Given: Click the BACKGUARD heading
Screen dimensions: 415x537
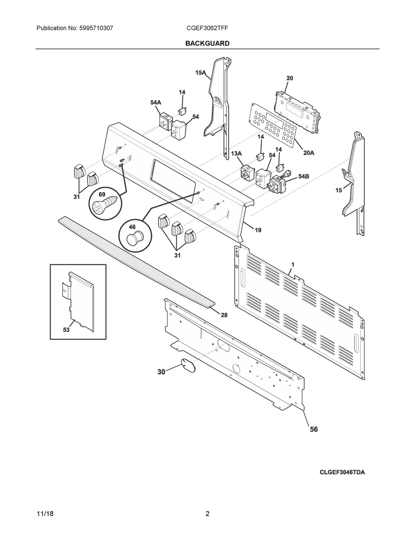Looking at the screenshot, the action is click(x=207, y=44).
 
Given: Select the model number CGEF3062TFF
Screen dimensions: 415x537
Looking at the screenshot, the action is click(x=207, y=28).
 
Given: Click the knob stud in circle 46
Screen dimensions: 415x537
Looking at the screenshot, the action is click(x=135, y=237).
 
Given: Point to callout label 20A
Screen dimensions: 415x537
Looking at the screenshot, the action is click(x=308, y=153).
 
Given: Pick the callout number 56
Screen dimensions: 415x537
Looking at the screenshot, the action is click(x=314, y=429).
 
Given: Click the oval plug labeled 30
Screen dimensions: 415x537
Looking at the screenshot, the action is click(x=188, y=365).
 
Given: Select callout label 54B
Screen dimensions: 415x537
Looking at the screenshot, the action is click(x=304, y=176).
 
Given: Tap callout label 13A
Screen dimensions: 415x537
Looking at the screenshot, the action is click(x=237, y=154).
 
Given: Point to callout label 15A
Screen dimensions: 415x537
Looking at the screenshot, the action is click(x=200, y=73).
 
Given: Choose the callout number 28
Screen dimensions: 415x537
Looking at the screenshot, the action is click(x=224, y=315).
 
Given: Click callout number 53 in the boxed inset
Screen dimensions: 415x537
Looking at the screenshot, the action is click(x=66, y=330).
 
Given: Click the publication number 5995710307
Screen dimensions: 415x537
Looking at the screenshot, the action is click(x=96, y=28).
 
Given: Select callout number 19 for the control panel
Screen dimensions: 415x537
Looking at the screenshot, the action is click(x=258, y=230).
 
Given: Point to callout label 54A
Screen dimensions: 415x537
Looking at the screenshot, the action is click(x=156, y=103).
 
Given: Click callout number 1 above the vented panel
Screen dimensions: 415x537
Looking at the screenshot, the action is click(x=293, y=265).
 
